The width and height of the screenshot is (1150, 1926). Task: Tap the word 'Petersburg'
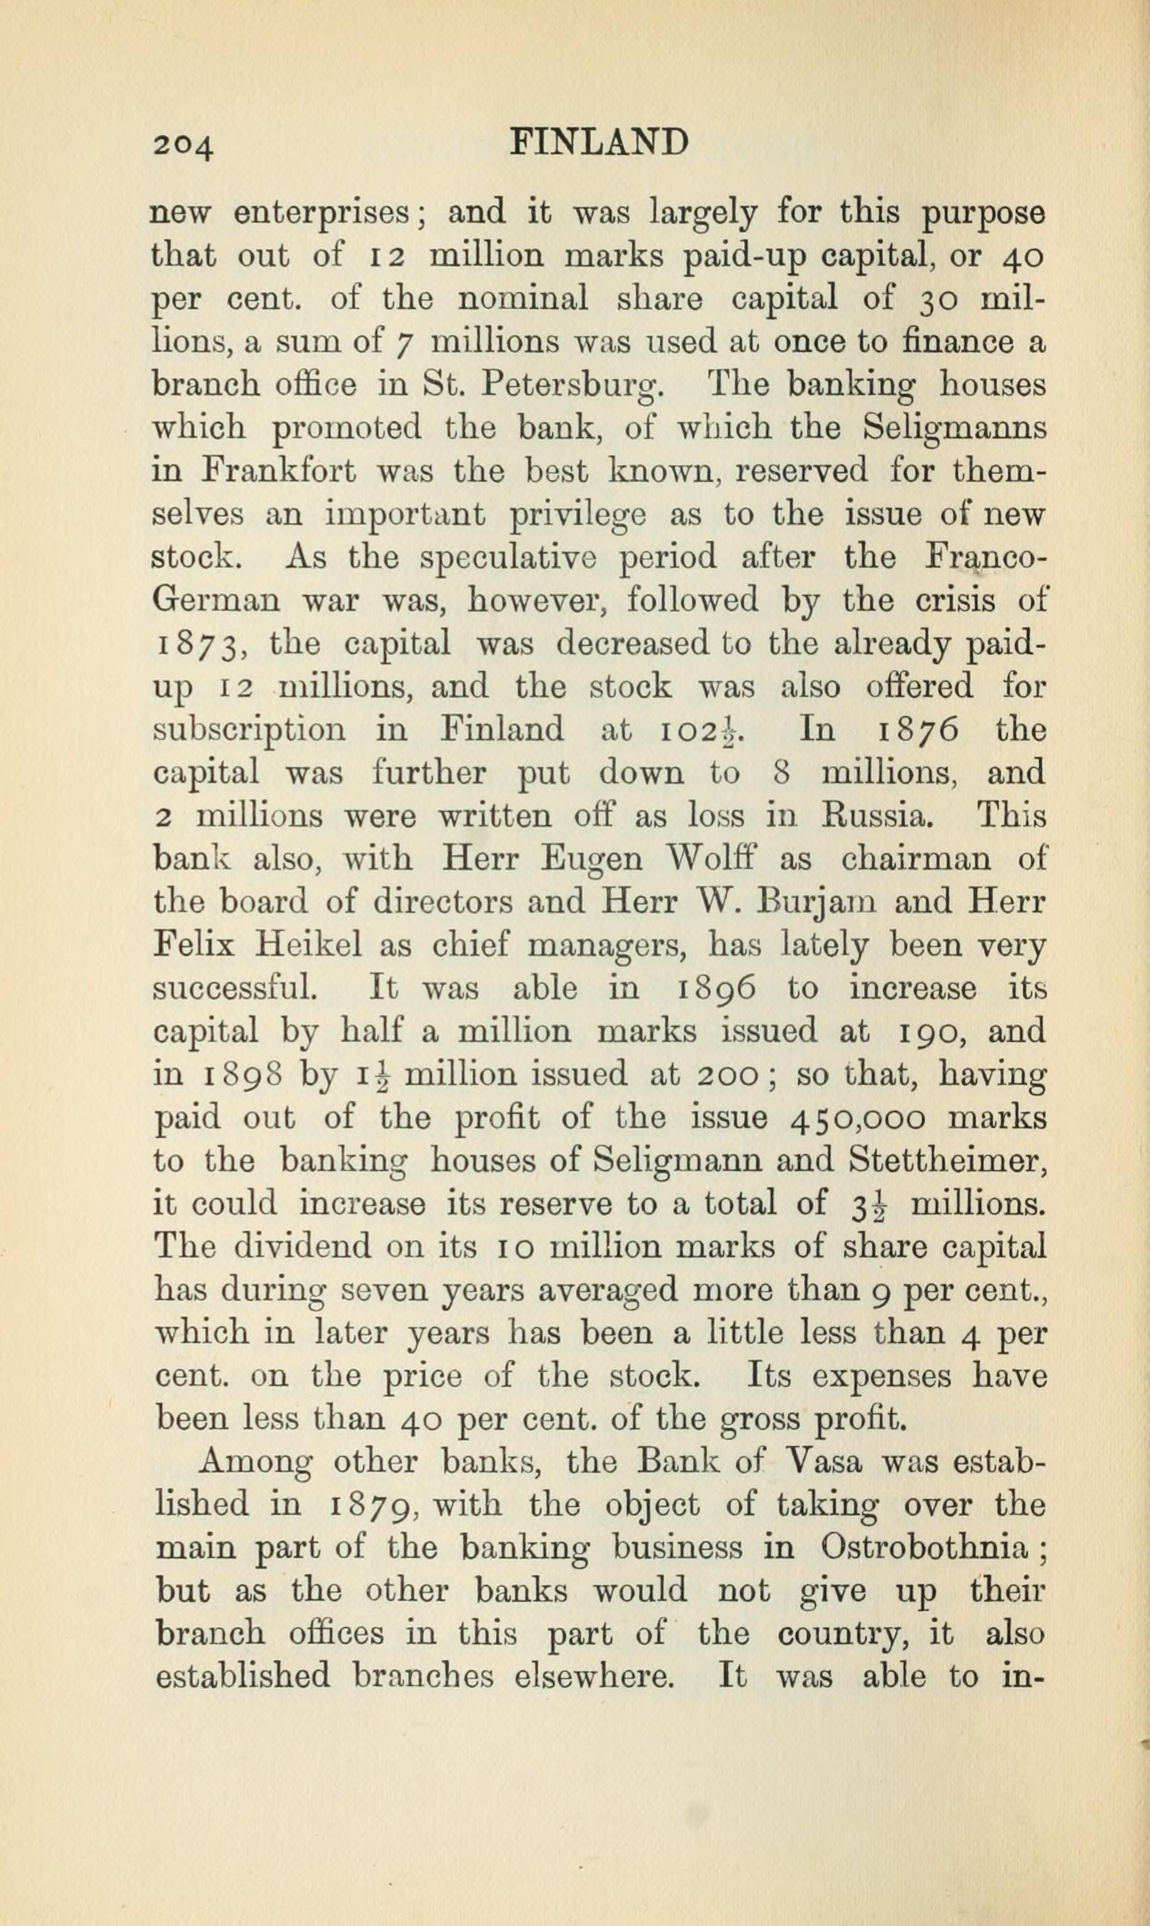point(570,386)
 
